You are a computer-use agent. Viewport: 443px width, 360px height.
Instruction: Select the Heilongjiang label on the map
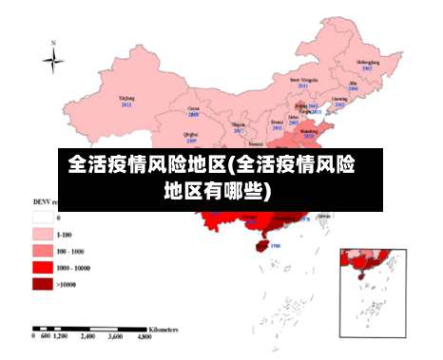coord(365,64)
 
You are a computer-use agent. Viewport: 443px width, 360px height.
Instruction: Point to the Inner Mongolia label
coord(301,82)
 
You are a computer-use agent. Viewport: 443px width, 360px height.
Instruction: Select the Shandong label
coord(321,134)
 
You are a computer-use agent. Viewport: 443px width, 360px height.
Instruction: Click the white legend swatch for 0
coord(42,218)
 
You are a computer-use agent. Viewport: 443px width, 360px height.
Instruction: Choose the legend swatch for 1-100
coord(42,233)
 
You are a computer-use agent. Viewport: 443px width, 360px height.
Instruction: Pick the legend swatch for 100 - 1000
coord(42,250)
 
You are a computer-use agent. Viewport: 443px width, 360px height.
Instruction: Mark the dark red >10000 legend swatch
coord(42,283)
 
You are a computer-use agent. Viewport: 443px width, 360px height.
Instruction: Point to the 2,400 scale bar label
coord(87,337)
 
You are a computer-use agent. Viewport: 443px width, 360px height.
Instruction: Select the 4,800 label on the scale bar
coord(142,337)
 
